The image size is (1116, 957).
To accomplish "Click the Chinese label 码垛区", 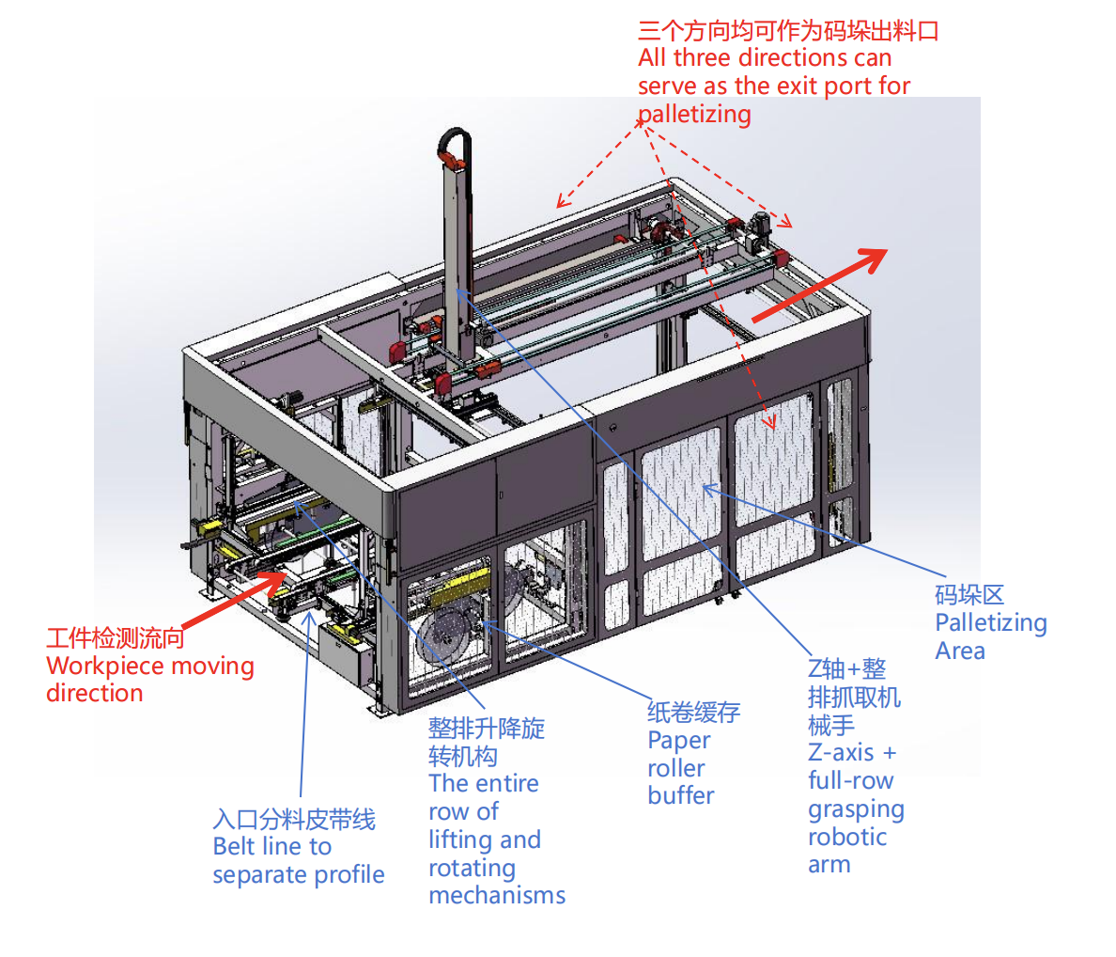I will (969, 595).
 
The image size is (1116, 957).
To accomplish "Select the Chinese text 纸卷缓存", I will (693, 712).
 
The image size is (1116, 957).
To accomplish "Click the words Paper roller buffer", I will (680, 768).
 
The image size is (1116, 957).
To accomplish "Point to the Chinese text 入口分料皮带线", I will (294, 820).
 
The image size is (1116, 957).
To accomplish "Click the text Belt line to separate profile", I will (298, 861).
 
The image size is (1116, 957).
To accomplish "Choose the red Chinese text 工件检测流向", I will (115, 639).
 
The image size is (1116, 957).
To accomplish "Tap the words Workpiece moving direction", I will (149, 680).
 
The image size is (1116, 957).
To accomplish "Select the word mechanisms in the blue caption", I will (497, 896).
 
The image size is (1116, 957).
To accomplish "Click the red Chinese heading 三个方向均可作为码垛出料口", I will (788, 31).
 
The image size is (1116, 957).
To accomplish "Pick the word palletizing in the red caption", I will (694, 116).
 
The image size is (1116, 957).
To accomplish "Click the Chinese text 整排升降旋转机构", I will (485, 742).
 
